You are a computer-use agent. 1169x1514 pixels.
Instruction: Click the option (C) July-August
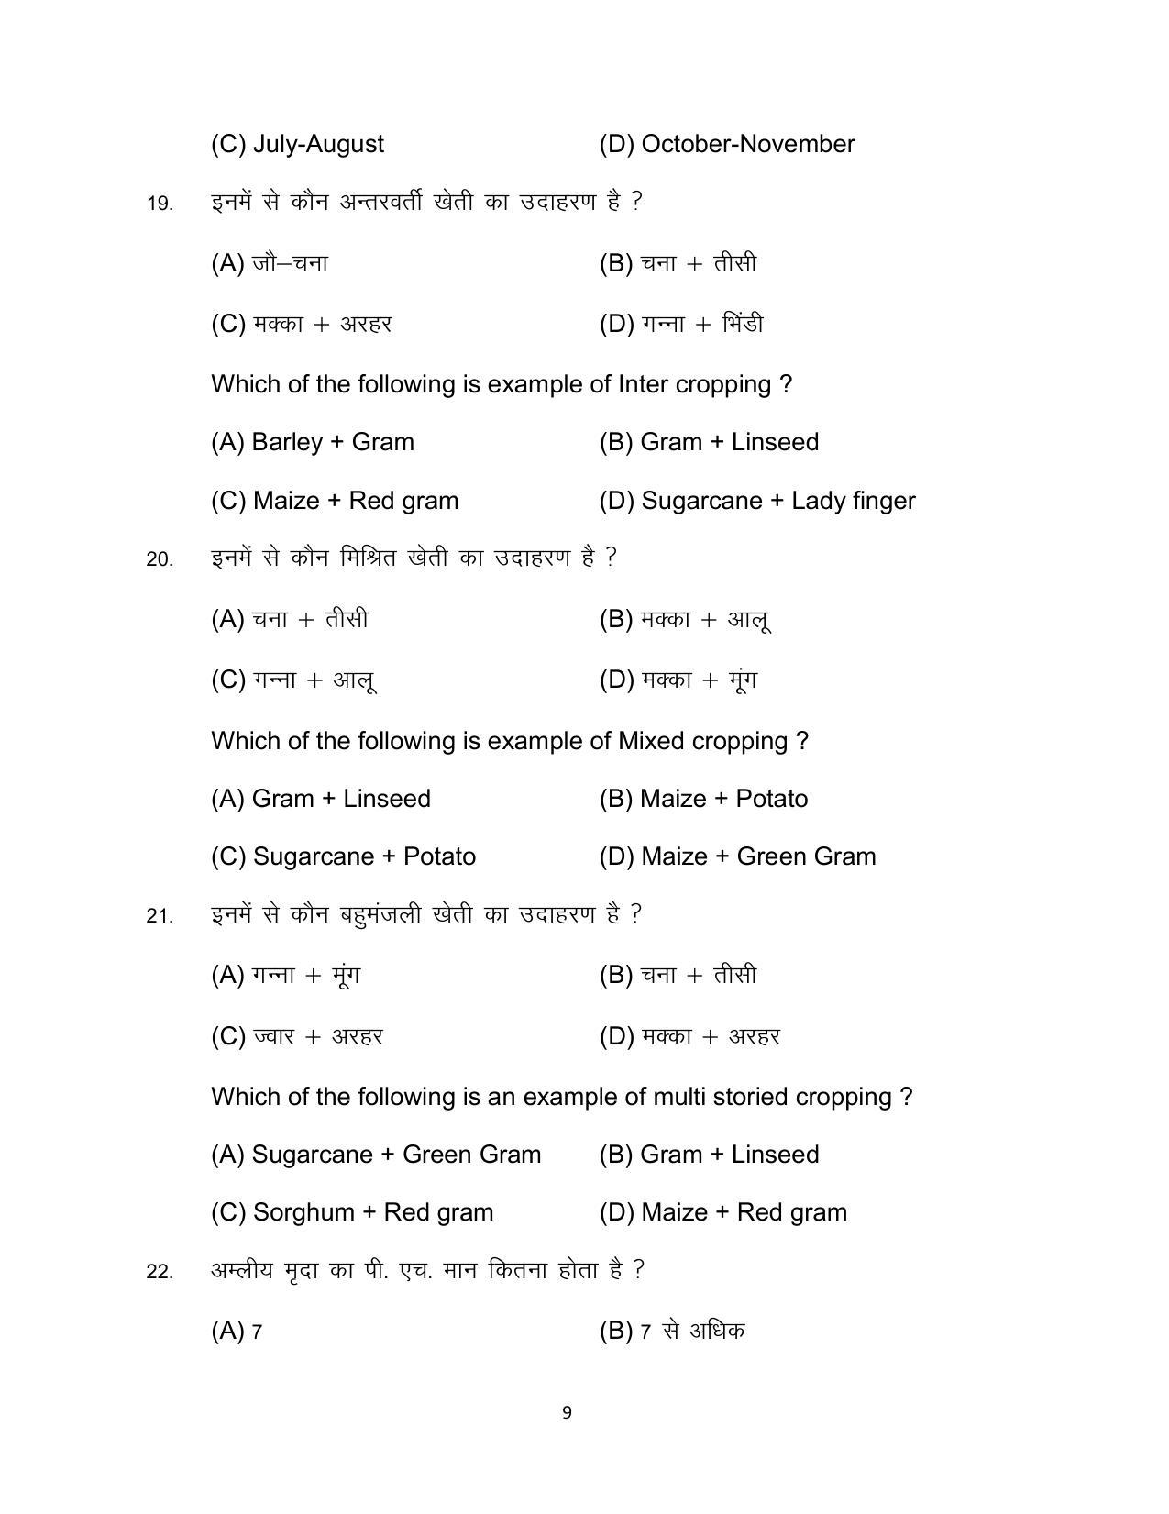click(x=297, y=144)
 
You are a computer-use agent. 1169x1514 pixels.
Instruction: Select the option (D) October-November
click(x=726, y=144)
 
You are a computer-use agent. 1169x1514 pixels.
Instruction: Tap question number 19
click(x=160, y=203)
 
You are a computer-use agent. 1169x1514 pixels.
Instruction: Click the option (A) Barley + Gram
click(x=312, y=442)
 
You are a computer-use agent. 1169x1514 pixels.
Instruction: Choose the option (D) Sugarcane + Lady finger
click(x=756, y=501)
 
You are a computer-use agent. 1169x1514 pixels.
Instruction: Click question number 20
click(x=160, y=558)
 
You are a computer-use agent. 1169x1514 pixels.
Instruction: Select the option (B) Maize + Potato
click(x=703, y=799)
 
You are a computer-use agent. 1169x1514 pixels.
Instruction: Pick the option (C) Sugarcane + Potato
click(x=343, y=856)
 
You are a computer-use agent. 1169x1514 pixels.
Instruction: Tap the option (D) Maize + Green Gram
click(x=737, y=856)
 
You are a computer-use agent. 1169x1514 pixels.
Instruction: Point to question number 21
click(x=160, y=915)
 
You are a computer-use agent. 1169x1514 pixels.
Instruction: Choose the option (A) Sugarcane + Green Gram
click(x=376, y=1155)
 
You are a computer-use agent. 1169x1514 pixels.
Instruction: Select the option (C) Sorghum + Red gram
click(x=352, y=1212)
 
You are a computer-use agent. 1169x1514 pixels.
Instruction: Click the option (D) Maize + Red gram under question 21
click(x=722, y=1212)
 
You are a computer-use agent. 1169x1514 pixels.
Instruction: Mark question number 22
click(x=160, y=1271)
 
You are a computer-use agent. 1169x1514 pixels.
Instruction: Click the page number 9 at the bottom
click(x=567, y=1412)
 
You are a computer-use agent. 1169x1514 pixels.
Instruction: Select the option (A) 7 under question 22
click(x=237, y=1331)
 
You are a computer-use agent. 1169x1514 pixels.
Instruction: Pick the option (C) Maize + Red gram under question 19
click(x=334, y=501)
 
